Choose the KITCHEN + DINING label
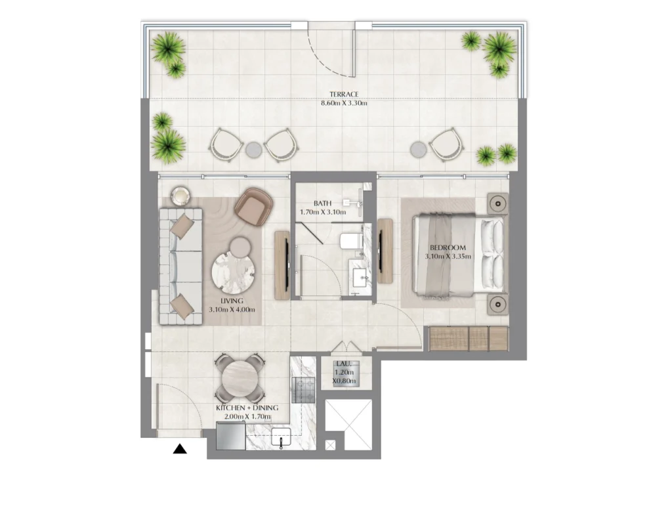(247, 408)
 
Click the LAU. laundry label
(344, 363)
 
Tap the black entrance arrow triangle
(180, 450)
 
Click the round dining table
(240, 378)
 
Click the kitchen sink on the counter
(283, 437)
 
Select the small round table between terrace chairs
(253, 150)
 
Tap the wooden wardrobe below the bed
(468, 338)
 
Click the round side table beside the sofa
(179, 194)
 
